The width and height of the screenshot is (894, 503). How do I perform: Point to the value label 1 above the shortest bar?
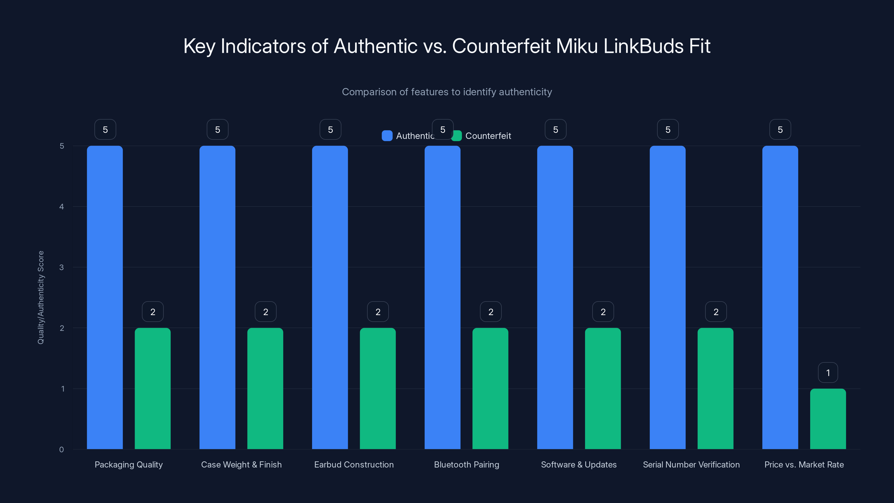pos(828,372)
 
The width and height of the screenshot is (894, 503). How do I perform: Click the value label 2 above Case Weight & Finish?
pos(265,312)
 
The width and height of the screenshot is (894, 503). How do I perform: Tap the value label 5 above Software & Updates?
pos(555,129)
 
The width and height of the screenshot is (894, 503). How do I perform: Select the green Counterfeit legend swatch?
pos(457,136)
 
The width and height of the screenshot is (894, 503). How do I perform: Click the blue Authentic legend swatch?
pos(387,136)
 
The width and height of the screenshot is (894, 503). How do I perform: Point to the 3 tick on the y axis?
pos(61,267)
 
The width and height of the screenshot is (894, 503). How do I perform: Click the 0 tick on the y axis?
pos(61,450)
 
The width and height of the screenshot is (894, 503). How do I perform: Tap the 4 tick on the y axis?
pos(61,207)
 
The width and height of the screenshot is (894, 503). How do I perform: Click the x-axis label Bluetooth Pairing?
pos(467,464)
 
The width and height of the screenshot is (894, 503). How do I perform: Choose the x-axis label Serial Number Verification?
pos(691,464)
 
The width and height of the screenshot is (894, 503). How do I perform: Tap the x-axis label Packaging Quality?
pos(129,464)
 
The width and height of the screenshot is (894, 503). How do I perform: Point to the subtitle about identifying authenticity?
pos(447,92)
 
